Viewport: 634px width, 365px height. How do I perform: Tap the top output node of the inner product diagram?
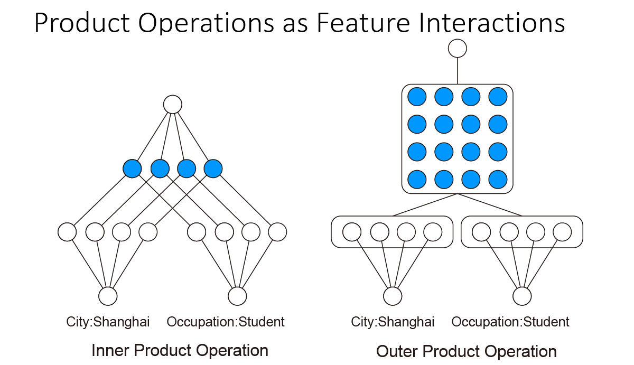point(173,105)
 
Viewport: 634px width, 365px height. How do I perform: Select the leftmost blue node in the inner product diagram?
point(132,169)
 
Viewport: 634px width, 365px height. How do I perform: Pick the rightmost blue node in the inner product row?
point(213,169)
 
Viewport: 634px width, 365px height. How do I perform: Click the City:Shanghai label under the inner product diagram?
point(108,322)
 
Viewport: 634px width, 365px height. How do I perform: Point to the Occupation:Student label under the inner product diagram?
point(226,322)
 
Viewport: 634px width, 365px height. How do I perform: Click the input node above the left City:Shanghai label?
point(108,296)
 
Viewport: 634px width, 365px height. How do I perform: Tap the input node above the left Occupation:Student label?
point(237,296)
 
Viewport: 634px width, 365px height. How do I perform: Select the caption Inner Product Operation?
point(180,350)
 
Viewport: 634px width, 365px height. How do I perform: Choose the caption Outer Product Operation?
point(466,352)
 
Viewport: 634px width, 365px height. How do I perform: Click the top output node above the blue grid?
point(458,49)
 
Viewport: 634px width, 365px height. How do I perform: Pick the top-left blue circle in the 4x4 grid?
point(417,97)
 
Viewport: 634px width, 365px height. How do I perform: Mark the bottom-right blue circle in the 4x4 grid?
point(498,180)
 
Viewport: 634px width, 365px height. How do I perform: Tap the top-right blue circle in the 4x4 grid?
point(498,97)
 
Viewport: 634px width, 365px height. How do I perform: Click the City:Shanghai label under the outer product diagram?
point(393,322)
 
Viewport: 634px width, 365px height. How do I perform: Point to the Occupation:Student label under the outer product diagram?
point(510,322)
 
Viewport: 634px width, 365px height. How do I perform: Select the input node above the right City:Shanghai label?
point(393,296)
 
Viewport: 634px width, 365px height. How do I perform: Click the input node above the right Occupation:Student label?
point(522,296)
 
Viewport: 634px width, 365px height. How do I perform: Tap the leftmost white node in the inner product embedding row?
point(67,231)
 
